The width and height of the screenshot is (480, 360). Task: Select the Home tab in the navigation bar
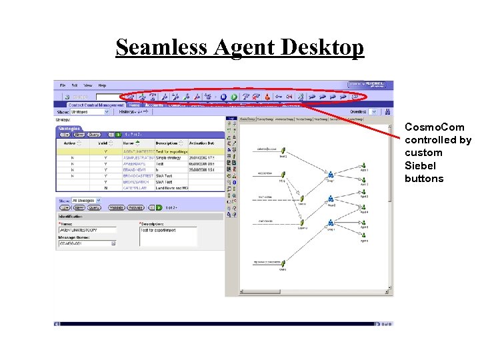point(134,105)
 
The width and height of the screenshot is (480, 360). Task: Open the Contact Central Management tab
point(95,105)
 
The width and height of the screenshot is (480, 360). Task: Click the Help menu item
point(102,85)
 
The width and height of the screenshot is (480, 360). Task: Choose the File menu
point(63,85)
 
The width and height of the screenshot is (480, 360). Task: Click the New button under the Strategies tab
point(78,134)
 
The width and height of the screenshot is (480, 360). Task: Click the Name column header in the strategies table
point(129,143)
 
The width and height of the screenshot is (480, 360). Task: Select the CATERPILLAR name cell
point(136,188)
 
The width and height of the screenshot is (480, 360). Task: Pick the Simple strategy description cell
point(169,157)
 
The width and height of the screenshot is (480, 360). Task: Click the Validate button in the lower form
point(116,207)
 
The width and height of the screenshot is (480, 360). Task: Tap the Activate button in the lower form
point(136,207)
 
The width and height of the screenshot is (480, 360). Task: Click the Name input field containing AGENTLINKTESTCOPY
point(87,229)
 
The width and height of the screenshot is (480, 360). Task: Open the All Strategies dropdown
point(87,200)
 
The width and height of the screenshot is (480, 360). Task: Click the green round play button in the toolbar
point(224,97)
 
